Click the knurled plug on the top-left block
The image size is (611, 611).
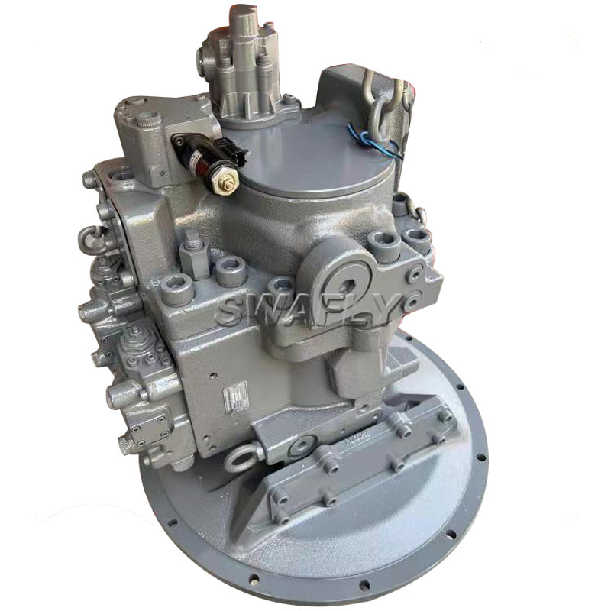coord(148,119)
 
